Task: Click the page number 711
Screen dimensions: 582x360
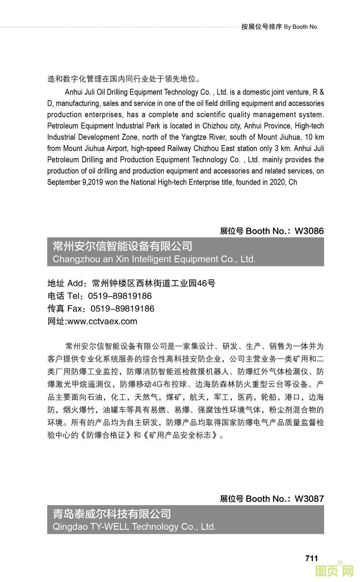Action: [x=311, y=558]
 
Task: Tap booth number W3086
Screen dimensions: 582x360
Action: [x=309, y=231]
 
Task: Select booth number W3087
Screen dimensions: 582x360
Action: [x=309, y=499]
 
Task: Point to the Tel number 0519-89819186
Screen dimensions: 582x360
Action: [x=120, y=296]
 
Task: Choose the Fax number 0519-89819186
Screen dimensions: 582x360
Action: [x=122, y=308]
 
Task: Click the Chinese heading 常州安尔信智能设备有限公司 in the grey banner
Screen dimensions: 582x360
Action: [x=122, y=246]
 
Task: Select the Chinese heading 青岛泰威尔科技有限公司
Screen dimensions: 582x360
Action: [x=112, y=514]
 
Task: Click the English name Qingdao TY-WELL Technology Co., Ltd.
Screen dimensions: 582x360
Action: [x=134, y=526]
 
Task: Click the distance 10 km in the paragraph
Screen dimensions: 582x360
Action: [x=314, y=137]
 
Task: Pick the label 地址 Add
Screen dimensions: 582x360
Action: [x=65, y=283]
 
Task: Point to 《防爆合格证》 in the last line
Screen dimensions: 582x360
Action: [x=106, y=435]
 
